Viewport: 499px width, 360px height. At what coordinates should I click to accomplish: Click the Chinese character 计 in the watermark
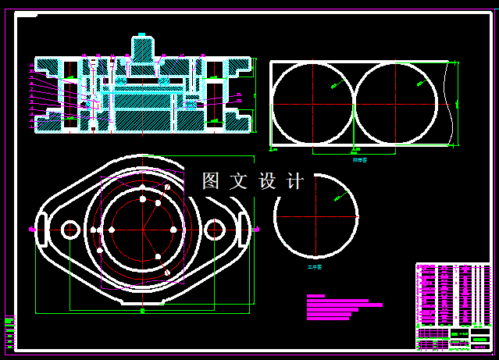(295, 181)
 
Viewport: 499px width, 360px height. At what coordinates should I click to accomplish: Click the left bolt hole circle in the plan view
(70, 230)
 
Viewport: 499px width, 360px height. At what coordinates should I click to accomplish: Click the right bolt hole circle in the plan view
(214, 230)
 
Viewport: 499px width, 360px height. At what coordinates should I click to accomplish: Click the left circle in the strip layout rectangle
(312, 104)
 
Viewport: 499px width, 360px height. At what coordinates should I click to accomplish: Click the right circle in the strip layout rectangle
(396, 104)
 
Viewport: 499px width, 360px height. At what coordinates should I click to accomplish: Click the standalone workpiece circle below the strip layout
(316, 216)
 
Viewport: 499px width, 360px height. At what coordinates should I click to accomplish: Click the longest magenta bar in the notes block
(344, 305)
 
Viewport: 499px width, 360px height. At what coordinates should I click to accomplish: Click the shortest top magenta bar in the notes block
(315, 296)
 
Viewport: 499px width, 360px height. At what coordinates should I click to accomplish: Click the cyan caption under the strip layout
(359, 159)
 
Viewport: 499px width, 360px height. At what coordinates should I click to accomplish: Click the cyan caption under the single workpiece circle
(315, 267)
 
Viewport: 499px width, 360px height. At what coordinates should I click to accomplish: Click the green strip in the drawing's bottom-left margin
(9, 332)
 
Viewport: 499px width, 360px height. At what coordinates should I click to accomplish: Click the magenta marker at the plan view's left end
(31, 230)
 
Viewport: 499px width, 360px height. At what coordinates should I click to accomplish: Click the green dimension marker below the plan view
(142, 311)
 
